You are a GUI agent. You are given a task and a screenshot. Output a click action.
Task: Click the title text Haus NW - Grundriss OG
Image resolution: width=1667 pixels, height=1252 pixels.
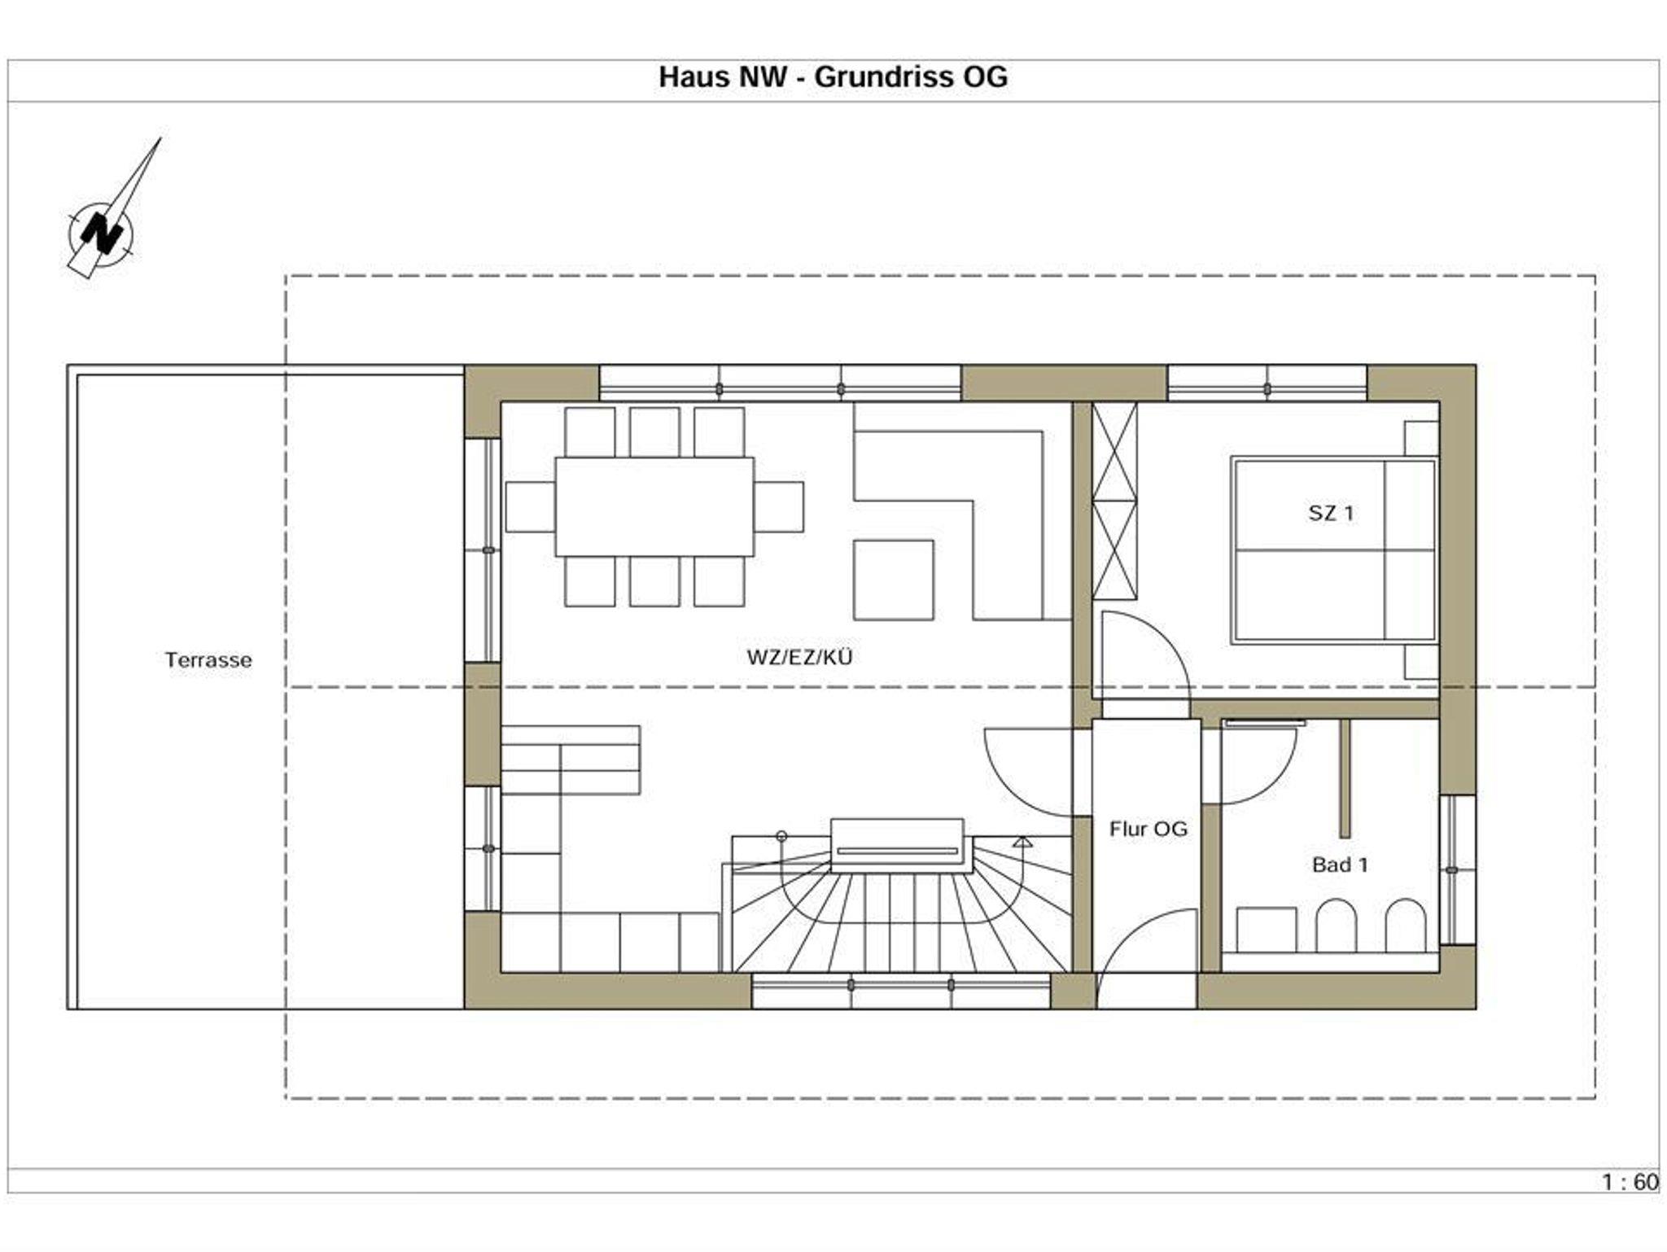pyautogui.click(x=833, y=77)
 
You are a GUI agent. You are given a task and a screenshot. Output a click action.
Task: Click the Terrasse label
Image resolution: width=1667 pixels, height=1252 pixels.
pyautogui.click(x=208, y=659)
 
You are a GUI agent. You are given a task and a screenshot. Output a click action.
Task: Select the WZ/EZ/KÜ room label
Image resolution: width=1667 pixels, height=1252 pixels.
pyautogui.click(x=800, y=656)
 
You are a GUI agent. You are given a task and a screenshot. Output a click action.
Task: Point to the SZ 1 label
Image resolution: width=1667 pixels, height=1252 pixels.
pyautogui.click(x=1332, y=513)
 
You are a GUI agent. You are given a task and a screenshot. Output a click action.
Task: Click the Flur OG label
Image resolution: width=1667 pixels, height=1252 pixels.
pyautogui.click(x=1148, y=829)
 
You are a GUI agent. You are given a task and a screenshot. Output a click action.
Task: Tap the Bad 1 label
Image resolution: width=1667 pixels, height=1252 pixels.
pyautogui.click(x=1340, y=865)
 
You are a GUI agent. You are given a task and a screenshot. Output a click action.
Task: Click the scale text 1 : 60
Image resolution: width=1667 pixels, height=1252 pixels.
pyautogui.click(x=1630, y=1182)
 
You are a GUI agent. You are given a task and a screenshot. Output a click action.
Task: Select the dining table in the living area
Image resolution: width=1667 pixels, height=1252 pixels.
pyautogui.click(x=654, y=506)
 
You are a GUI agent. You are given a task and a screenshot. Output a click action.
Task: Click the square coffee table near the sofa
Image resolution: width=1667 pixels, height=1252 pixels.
pyautogui.click(x=894, y=580)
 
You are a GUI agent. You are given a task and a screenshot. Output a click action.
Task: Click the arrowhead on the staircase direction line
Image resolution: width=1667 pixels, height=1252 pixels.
pyautogui.click(x=1022, y=842)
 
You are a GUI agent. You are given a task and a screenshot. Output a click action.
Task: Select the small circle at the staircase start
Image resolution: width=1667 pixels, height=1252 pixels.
pyautogui.click(x=781, y=836)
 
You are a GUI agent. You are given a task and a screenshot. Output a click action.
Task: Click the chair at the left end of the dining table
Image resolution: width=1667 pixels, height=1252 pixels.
pyautogui.click(x=530, y=506)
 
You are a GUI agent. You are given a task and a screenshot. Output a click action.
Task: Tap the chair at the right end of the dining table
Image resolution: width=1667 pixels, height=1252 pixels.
pyautogui.click(x=779, y=506)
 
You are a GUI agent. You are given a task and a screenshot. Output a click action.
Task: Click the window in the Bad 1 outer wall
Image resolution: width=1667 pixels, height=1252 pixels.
pyautogui.click(x=1457, y=870)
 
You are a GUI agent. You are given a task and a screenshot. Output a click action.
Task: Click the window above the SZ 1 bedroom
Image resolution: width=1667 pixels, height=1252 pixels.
pyautogui.click(x=1267, y=383)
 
